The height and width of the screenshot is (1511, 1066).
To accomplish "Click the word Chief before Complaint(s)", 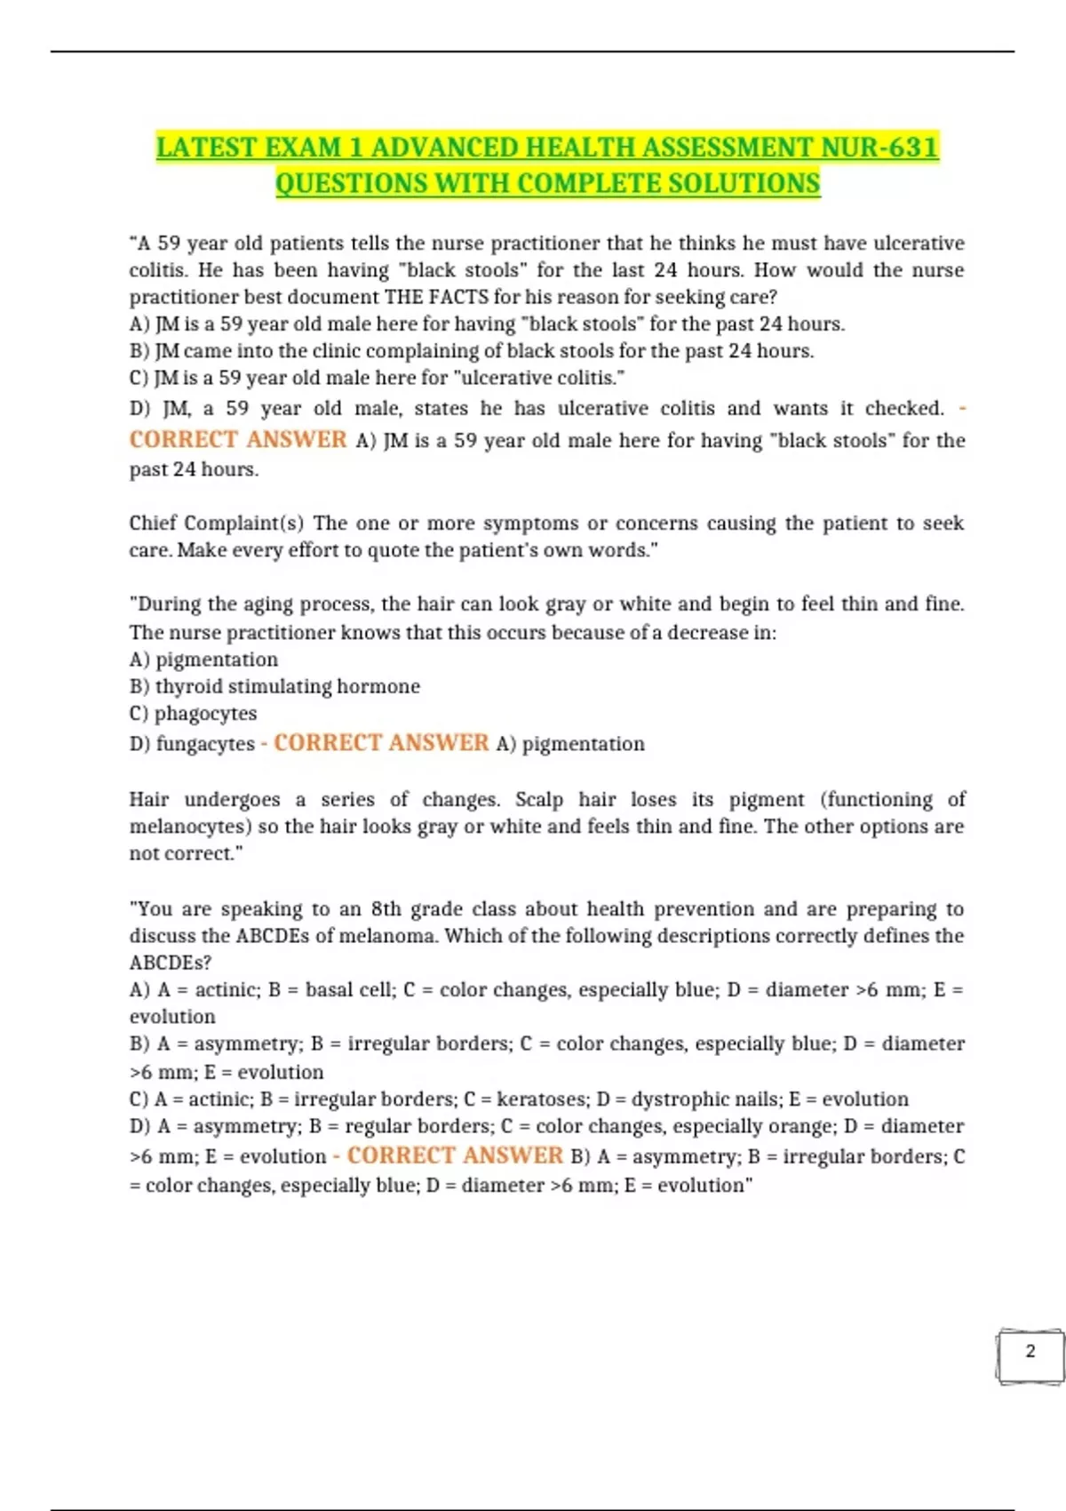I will click(153, 523).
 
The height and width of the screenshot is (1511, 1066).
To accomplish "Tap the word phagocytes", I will click(205, 714).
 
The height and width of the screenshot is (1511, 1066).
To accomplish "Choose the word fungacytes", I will click(205, 744).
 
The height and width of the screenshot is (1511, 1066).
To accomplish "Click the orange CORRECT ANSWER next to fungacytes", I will click(381, 743).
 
